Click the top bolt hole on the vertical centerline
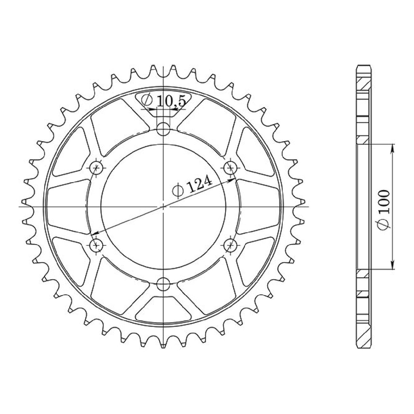pos(164,128)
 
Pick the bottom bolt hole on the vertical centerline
pos(164,283)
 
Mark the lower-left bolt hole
pos(97,244)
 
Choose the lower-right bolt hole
pos(231,244)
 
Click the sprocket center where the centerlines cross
pos(164,206)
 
